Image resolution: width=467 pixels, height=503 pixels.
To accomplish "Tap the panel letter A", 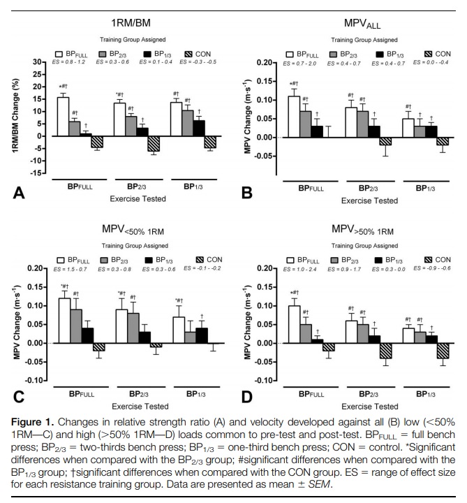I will coord(15,193).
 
